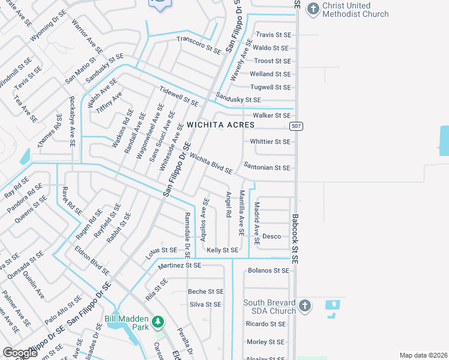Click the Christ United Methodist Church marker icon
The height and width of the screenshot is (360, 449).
pos(313,8)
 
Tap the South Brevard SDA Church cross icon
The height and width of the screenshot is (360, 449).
pos(304,306)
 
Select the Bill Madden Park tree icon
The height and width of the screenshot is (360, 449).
pos(158,323)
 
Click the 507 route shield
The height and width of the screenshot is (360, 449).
pos(295,126)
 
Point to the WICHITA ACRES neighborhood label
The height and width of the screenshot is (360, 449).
pos(220,125)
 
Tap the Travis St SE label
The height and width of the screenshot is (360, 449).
pos(273,35)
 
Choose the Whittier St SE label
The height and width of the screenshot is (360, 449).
pos(270,142)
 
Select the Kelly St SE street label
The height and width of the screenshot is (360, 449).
pos(222,250)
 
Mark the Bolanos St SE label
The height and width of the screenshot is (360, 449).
pos(268,271)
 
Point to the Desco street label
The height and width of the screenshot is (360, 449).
pos(271,236)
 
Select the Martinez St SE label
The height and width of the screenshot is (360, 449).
pos(179,265)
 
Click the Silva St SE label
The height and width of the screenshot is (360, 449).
pos(206,304)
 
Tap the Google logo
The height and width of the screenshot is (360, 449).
pos(20,352)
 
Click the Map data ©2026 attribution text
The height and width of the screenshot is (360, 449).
pos(423,355)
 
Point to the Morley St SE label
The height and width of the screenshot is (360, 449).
pos(266,342)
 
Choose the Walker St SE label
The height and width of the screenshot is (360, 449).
pos(271,115)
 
